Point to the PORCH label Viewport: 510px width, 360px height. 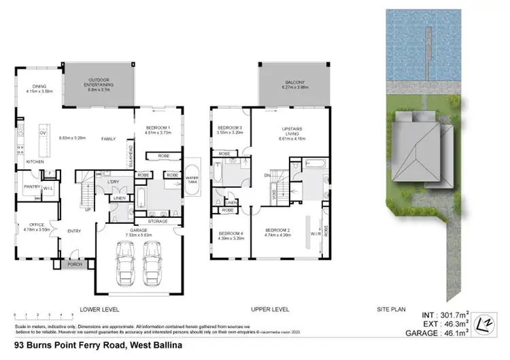click(x=74, y=264)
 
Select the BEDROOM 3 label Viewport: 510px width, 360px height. click(x=229, y=129)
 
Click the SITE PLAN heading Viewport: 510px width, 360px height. click(x=391, y=309)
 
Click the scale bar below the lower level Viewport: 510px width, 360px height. click(x=43, y=315)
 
